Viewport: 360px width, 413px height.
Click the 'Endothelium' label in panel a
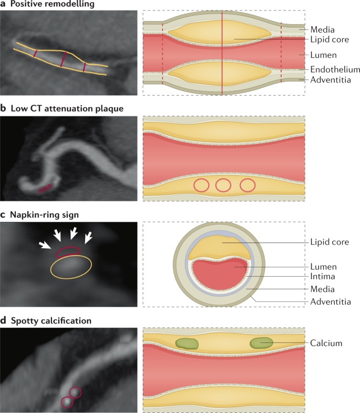(x=335, y=69)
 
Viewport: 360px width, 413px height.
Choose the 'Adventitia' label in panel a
(x=331, y=80)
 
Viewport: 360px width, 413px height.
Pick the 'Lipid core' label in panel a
(x=330, y=39)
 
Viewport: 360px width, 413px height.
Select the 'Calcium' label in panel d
(x=326, y=343)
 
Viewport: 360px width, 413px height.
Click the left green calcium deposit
(x=187, y=344)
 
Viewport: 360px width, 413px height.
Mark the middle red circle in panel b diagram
(x=223, y=185)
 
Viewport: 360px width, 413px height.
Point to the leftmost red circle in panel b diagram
(x=201, y=185)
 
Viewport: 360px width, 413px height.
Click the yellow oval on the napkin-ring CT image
(x=71, y=267)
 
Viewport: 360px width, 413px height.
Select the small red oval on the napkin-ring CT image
(x=69, y=251)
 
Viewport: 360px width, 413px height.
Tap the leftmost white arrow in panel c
(x=46, y=244)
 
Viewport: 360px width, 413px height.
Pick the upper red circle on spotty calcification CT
(x=75, y=392)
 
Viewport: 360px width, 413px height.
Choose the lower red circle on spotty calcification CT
(x=67, y=402)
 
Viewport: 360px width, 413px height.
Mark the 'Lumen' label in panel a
(x=324, y=54)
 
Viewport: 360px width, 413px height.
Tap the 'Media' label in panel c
(x=323, y=289)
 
